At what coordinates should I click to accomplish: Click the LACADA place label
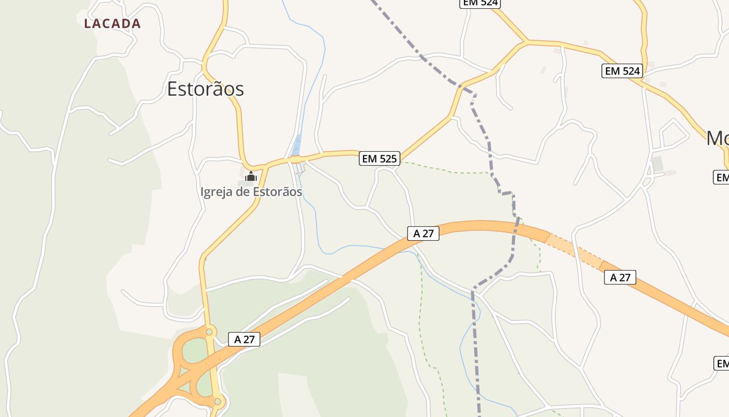pos(112,23)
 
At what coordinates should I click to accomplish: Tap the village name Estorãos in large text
pos(205,89)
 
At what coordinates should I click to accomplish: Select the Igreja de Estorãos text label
pos(251,192)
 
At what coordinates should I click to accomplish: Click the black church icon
pos(250,176)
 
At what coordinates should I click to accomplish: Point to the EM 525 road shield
pos(380,158)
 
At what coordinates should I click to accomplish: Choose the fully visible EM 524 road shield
pos(622,71)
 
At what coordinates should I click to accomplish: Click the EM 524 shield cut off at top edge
pos(480,3)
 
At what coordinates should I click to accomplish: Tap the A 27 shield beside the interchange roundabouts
pos(244,339)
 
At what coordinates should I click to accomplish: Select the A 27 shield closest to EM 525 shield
pos(423,234)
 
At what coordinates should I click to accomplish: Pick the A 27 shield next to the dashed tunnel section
pos(620,277)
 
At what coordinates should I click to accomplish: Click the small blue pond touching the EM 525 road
pos(297,145)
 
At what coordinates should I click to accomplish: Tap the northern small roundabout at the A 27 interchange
pos(209,332)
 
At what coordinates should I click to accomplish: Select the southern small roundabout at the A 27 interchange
pos(217,402)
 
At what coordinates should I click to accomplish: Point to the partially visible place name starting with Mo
pos(718,138)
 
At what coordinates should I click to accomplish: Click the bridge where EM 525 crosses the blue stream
pos(297,160)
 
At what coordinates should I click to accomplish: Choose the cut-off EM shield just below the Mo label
pos(721,177)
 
